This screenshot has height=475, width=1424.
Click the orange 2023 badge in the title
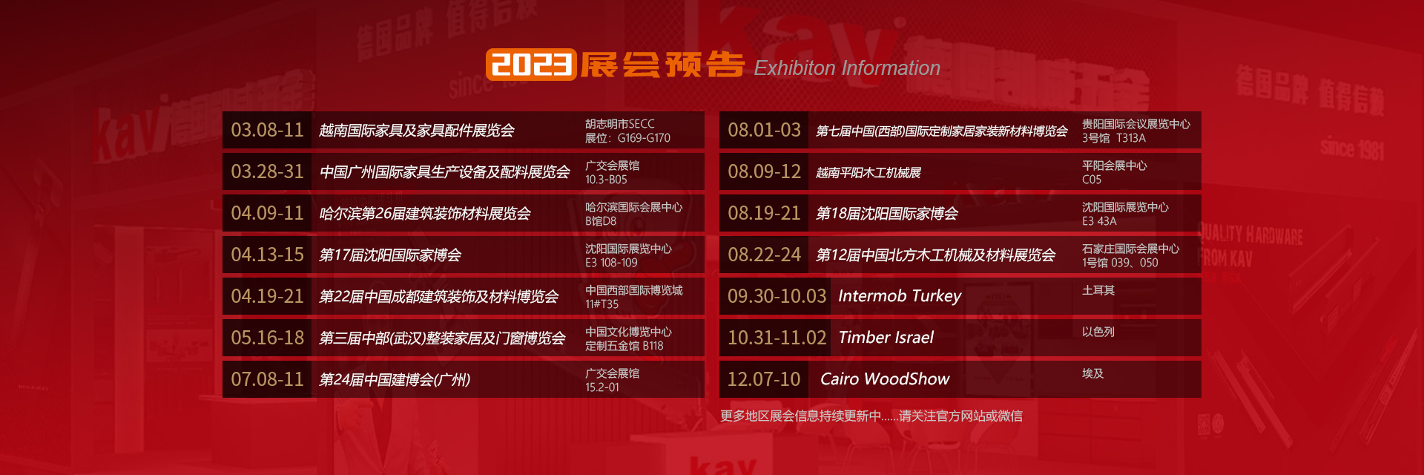[531, 65]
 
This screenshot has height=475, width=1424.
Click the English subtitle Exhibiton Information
[847, 68]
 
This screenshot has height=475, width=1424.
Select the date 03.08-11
[267, 130]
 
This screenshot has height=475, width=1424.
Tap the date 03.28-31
[267, 171]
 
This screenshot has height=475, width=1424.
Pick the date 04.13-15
[267, 255]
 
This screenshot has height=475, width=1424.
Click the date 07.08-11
[267, 379]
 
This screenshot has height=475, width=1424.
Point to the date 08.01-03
[764, 130]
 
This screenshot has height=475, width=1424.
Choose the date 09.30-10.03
[777, 296]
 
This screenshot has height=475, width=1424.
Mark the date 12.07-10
[764, 379]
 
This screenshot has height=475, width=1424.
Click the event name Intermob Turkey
[900, 296]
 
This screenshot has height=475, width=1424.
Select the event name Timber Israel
[886, 338]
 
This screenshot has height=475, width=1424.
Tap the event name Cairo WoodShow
[885, 379]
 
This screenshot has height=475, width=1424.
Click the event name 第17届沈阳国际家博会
[390, 255]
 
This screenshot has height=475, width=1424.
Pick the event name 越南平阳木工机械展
[868, 173]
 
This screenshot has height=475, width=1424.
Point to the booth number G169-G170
[644, 138]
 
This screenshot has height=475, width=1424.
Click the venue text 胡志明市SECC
[620, 124]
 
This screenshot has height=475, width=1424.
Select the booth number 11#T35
[601, 304]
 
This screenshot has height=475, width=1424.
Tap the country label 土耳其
[1098, 290]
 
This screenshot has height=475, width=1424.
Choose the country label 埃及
[1092, 373]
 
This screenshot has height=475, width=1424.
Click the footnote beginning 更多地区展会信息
[871, 416]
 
